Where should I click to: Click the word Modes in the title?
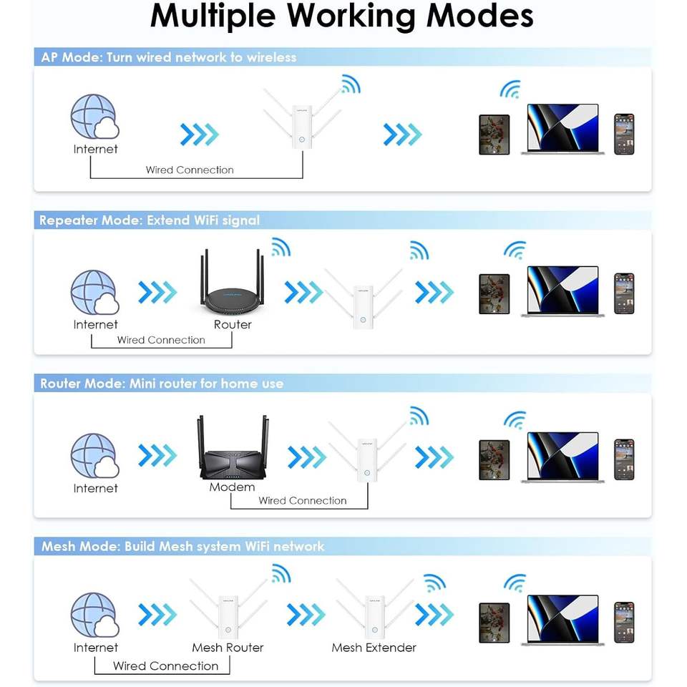tap(479, 16)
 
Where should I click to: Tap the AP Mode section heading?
tap(169, 57)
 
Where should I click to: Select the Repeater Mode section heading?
tap(150, 220)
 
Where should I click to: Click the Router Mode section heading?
tap(162, 384)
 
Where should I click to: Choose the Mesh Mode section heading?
tap(182, 546)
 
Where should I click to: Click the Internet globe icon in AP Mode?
tap(94, 117)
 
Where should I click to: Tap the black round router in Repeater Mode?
tap(233, 283)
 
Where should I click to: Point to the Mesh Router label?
tap(228, 648)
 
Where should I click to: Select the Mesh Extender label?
tap(374, 648)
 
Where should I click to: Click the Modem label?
tap(232, 487)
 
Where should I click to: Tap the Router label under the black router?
tap(233, 325)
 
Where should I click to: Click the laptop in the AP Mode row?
tap(562, 129)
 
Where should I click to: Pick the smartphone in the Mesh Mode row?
tap(624, 623)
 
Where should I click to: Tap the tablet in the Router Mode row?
tap(494, 460)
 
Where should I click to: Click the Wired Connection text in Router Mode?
tap(302, 500)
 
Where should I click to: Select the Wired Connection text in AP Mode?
tap(190, 170)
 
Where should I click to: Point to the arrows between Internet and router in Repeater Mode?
tap(157, 293)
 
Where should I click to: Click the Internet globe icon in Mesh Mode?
tap(94, 615)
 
